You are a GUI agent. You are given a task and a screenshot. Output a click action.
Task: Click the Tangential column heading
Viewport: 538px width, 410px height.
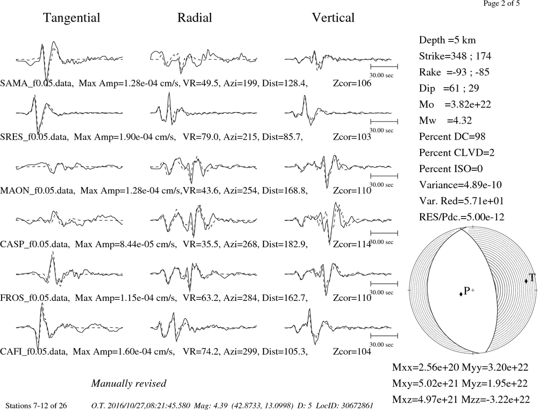click(x=72, y=18)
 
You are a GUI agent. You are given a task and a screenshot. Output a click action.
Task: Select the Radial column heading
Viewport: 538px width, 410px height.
click(x=195, y=18)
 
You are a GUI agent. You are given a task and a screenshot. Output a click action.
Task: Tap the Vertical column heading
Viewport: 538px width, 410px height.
click(x=333, y=18)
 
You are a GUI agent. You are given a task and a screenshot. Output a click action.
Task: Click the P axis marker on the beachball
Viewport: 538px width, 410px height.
click(x=461, y=294)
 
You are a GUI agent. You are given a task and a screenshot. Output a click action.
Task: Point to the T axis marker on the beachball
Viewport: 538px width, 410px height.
click(x=526, y=281)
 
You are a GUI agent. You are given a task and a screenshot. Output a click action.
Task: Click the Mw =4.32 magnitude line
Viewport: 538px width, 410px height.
click(x=445, y=121)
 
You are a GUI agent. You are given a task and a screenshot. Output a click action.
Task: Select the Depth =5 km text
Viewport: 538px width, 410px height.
click(x=447, y=40)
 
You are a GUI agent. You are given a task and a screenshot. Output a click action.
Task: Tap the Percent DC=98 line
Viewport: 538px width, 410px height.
click(x=452, y=137)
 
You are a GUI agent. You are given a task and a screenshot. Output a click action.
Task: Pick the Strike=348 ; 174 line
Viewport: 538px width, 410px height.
click(x=455, y=56)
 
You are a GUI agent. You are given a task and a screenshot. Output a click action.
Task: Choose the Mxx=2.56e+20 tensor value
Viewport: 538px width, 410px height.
click(x=426, y=367)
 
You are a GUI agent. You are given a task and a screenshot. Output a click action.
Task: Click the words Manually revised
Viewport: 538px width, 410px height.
click(x=129, y=383)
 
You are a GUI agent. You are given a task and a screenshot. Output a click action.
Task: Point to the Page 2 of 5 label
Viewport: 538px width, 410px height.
click(x=501, y=3)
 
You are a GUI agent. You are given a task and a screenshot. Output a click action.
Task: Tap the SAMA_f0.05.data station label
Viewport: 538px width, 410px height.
click(x=37, y=83)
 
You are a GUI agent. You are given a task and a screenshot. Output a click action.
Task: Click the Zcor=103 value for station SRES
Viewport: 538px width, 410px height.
click(x=352, y=137)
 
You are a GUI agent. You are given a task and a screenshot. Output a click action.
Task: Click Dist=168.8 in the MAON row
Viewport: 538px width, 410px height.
click(x=285, y=191)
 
